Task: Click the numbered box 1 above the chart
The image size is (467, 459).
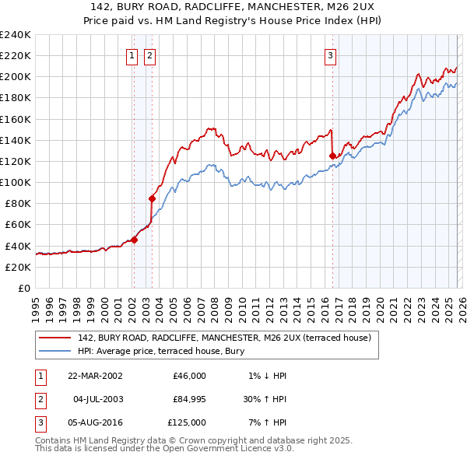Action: pos(132,55)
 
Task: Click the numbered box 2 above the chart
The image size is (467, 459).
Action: pos(149,55)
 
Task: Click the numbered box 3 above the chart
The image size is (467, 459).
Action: pos(331,55)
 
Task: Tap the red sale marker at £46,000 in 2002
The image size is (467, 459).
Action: pos(134,240)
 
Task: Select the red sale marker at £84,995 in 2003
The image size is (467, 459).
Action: pos(152,198)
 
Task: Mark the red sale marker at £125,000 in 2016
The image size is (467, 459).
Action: pos(332,156)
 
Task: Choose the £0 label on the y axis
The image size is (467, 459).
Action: pos(23,288)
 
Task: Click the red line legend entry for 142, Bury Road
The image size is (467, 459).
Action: pos(225,338)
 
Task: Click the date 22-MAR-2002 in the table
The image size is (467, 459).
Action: pos(95,376)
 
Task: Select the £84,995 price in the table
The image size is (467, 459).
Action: pos(189,399)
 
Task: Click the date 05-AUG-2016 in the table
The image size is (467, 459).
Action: pos(95,422)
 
